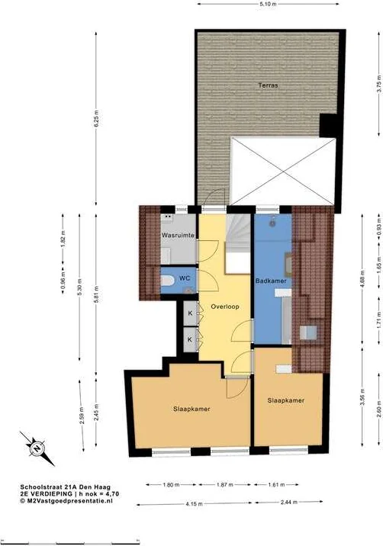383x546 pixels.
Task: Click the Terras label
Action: tap(268, 85)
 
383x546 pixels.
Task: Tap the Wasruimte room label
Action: tap(178, 236)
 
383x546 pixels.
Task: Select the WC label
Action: tap(185, 278)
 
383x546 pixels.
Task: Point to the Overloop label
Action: tap(225, 307)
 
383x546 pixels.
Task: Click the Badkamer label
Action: tap(271, 281)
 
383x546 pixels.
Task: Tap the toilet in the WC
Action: tap(167, 281)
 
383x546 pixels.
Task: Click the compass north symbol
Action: tap(37, 448)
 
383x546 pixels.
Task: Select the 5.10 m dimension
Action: tap(268, 4)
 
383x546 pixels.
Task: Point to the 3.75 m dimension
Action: tap(379, 84)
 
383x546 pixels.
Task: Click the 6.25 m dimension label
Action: tap(97, 119)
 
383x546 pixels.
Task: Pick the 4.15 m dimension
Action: tap(194, 503)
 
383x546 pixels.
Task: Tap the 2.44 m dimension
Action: tap(289, 502)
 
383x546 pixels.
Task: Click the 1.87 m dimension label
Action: tap(225, 484)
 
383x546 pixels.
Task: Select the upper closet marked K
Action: tap(190, 313)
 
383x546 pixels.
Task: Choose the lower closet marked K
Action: tap(190, 339)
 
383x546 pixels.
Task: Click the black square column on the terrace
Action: tap(329, 125)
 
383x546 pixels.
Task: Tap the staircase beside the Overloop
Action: tap(238, 244)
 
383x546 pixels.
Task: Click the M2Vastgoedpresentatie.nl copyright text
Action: tap(66, 500)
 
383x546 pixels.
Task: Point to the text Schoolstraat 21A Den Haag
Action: tap(65, 487)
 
